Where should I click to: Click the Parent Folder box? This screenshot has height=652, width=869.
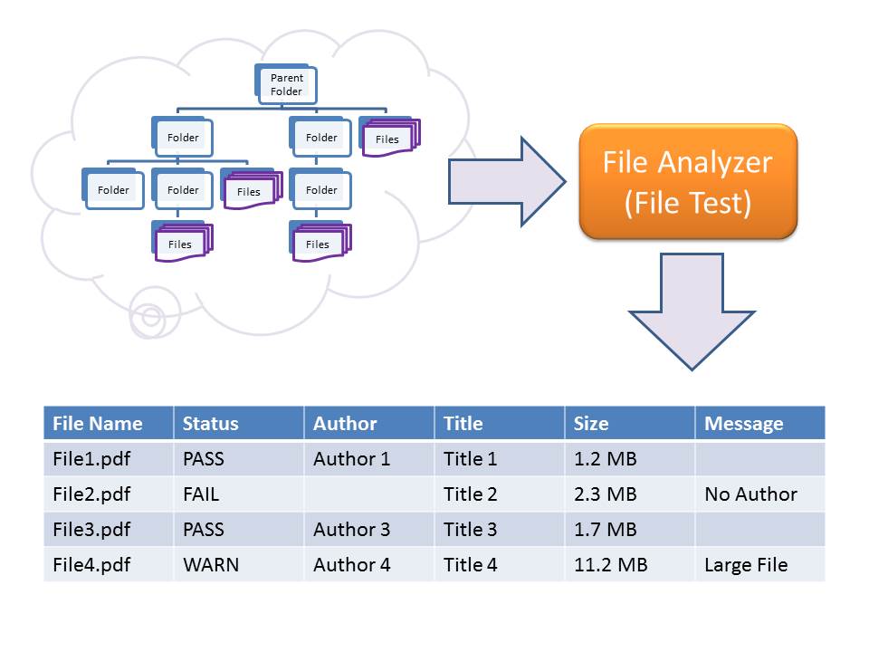pos(285,84)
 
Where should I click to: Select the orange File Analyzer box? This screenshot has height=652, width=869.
pos(688,181)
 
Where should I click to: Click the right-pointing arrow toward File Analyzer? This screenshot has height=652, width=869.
pos(508,181)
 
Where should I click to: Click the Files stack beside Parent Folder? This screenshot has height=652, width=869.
pos(387,138)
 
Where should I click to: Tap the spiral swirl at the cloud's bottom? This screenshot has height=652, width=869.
pos(151,316)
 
